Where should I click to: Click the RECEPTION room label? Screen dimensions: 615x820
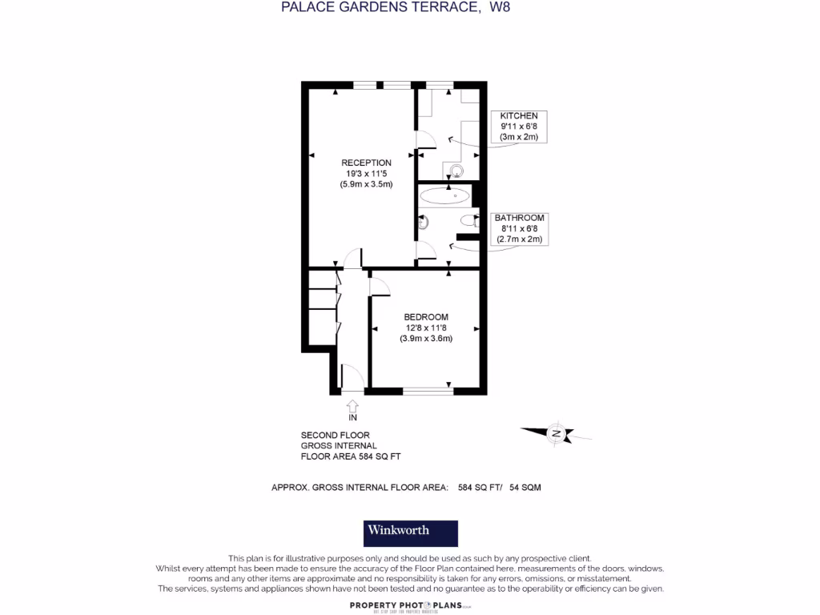[366, 163]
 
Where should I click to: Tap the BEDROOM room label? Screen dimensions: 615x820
[426, 317]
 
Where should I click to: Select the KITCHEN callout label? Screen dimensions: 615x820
[519, 116]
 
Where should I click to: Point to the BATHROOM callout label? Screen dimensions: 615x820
[519, 218]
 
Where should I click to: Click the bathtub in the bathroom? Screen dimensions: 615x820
[444, 195]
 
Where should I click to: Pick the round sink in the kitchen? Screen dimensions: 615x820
[457, 170]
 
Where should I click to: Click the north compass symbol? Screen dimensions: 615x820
[556, 434]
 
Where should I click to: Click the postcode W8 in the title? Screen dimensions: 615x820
[500, 7]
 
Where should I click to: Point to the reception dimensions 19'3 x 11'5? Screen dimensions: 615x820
[366, 174]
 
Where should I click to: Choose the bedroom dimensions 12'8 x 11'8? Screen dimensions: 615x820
[426, 328]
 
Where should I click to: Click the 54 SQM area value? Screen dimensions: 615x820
[525, 487]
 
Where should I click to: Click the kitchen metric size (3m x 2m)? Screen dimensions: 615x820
[519, 137]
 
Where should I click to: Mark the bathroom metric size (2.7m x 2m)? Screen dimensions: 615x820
[519, 239]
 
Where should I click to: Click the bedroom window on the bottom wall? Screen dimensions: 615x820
[427, 391]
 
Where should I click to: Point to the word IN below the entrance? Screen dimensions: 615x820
[352, 418]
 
